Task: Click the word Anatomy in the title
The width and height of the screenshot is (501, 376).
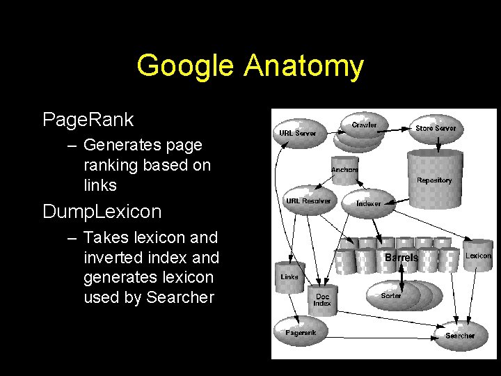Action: [x=303, y=66]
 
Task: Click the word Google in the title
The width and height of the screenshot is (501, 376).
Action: [x=186, y=66]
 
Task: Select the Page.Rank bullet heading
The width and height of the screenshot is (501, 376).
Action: [x=88, y=120]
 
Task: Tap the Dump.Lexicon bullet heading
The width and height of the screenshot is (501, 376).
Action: [x=102, y=211]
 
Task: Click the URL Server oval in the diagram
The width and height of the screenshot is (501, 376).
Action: [x=297, y=132]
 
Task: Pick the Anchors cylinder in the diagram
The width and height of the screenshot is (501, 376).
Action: [x=344, y=170]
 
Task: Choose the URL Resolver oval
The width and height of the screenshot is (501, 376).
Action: [x=308, y=201]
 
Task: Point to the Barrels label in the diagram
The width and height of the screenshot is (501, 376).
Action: [x=401, y=258]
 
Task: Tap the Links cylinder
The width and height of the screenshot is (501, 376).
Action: [x=289, y=276]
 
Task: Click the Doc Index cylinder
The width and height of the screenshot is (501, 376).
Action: [x=321, y=299]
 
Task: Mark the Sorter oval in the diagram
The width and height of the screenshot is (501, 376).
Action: [x=391, y=295]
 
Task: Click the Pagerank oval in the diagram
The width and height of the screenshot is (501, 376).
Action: [x=301, y=332]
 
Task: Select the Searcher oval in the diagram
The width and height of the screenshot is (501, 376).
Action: [x=460, y=335]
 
